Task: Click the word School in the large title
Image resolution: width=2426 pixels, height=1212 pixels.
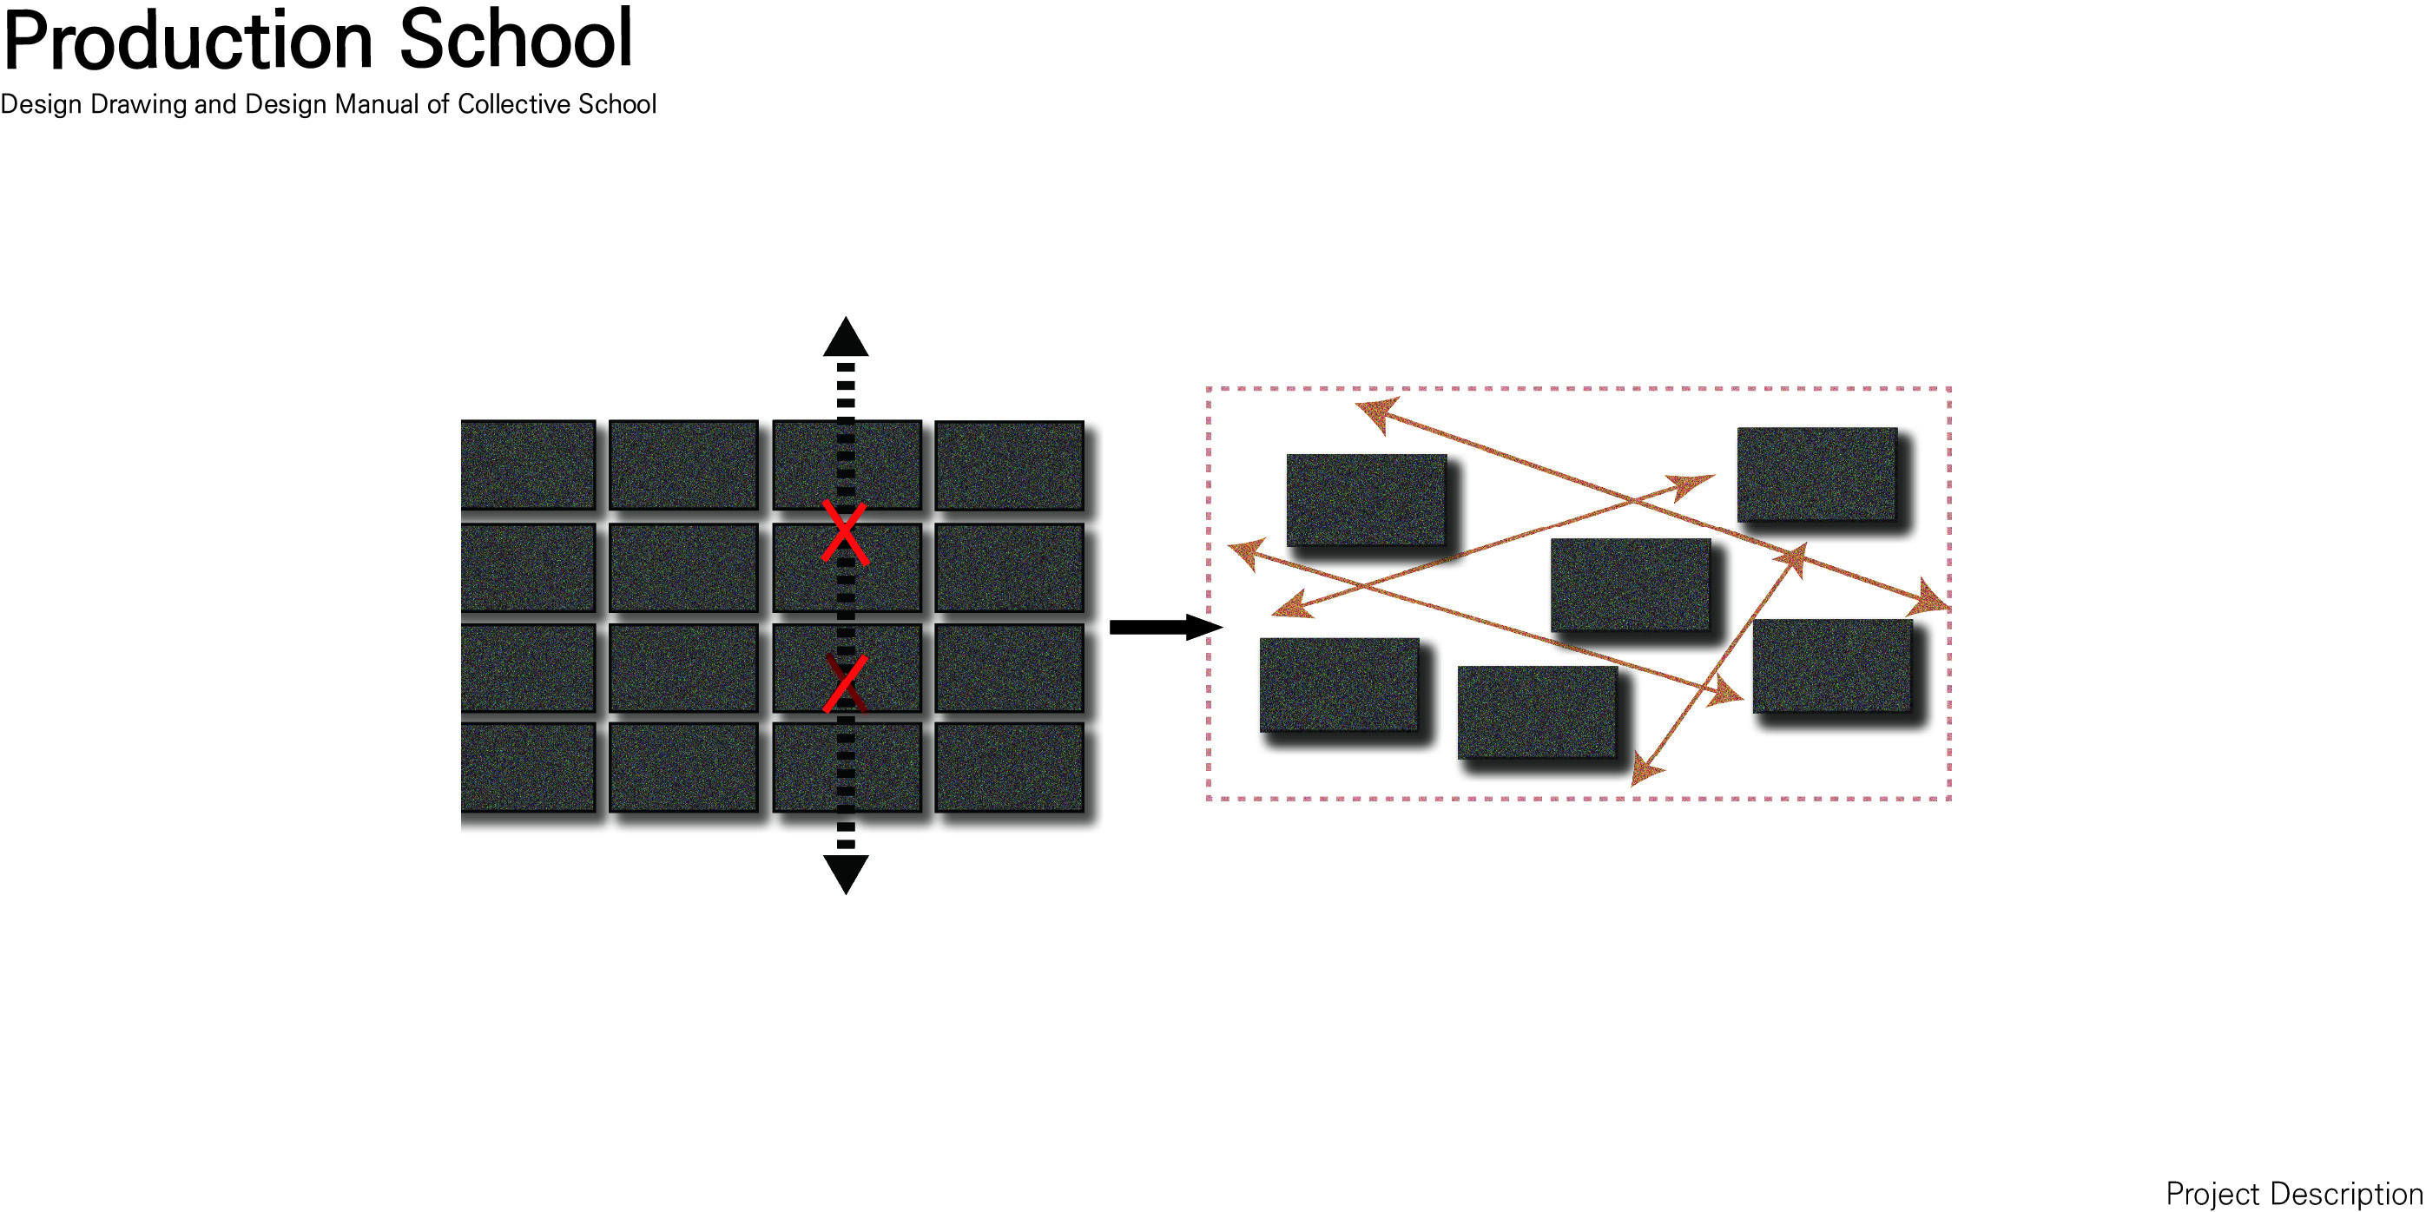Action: coord(515,40)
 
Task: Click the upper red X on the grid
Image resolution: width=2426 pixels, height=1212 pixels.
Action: coord(845,532)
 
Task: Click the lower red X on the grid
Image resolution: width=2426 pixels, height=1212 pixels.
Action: coord(845,683)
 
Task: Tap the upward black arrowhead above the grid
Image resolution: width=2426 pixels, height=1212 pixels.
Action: coord(846,338)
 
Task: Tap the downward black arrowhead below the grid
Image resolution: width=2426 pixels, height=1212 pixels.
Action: coord(846,873)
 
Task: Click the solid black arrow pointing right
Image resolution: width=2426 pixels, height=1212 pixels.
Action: coord(1165,627)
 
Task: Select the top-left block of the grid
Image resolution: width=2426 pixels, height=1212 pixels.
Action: coord(528,464)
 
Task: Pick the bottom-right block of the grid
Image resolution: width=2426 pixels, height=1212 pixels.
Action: coord(1009,767)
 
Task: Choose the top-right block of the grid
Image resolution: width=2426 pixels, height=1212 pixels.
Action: coord(1009,465)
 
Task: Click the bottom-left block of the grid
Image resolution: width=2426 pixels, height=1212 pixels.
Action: coord(528,767)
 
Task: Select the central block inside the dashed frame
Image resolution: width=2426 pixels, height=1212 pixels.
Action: coord(1630,584)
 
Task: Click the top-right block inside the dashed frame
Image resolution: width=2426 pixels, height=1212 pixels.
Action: coord(1816,474)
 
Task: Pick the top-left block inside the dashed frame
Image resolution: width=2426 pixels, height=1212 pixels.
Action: coord(1366,499)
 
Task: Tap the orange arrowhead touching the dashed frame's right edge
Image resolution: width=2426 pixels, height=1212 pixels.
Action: coord(1932,600)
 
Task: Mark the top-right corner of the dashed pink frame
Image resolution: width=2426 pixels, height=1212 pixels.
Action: coord(1948,389)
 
